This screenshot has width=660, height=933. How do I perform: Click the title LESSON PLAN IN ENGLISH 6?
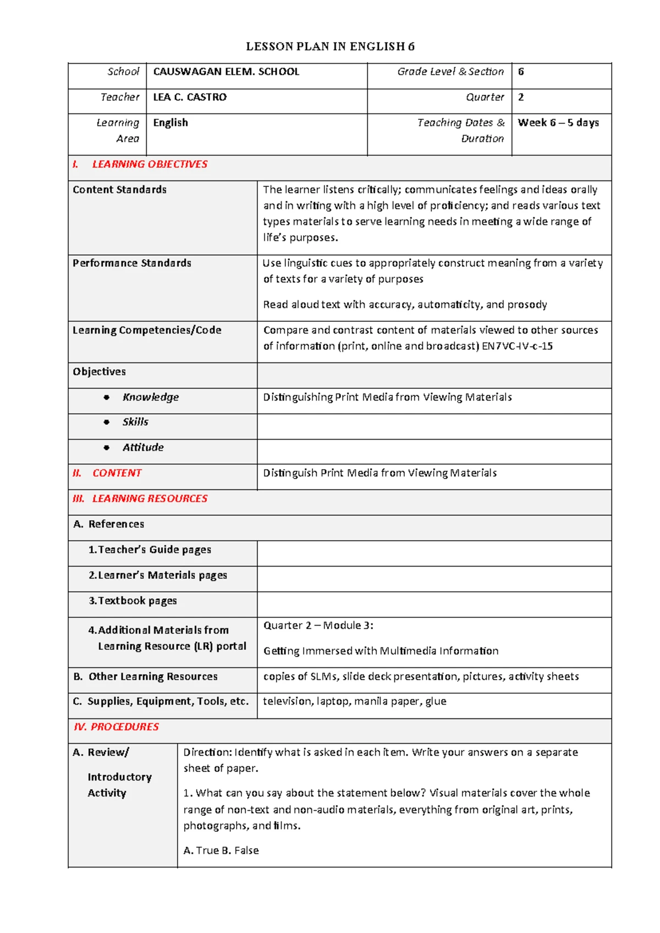(x=330, y=47)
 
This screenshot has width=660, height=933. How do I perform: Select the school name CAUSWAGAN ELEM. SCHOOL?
(x=226, y=72)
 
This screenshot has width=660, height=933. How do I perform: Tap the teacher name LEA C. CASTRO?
(x=190, y=97)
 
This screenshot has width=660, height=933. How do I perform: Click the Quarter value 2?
(x=521, y=97)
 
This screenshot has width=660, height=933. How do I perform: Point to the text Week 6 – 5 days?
(x=558, y=123)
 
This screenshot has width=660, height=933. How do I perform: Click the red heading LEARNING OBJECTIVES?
(x=150, y=164)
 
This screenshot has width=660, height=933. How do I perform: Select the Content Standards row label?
(x=119, y=190)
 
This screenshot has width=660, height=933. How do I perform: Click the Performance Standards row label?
(x=132, y=264)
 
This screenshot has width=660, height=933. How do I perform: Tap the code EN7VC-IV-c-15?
(x=517, y=347)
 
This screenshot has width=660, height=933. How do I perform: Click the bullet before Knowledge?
(x=107, y=398)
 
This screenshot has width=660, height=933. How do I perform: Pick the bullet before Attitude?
(x=107, y=448)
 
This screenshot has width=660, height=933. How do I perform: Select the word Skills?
(x=135, y=422)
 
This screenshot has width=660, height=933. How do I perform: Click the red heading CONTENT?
(x=117, y=474)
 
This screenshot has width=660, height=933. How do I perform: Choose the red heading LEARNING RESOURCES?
(x=150, y=499)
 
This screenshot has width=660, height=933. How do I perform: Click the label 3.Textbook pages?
(x=133, y=601)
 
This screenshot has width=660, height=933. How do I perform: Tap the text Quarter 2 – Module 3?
(x=318, y=625)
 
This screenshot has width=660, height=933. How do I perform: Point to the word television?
(x=287, y=701)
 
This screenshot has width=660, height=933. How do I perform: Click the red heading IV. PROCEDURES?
(x=116, y=727)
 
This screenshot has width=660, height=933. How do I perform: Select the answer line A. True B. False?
(x=221, y=850)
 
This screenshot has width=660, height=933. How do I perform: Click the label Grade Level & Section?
(x=450, y=72)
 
